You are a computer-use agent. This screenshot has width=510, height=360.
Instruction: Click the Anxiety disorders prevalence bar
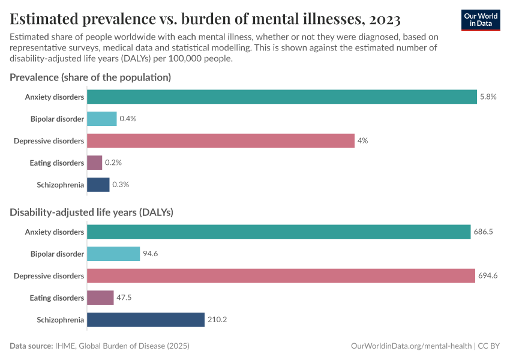pos(282,97)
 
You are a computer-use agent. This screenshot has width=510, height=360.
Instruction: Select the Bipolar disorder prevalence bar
pos(102,119)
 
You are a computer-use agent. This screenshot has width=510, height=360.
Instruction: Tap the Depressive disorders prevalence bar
pos(221,140)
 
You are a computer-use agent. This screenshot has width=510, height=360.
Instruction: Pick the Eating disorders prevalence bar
pos(95,163)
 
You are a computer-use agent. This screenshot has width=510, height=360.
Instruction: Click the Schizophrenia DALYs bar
pos(146,320)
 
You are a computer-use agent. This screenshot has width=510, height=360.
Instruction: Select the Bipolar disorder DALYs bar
pos(113,254)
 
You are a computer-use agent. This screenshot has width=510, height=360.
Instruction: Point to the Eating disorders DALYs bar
pos(100,298)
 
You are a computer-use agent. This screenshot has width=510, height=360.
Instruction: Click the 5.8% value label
pos(488,97)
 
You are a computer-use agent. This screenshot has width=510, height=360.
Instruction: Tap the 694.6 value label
pos(488,276)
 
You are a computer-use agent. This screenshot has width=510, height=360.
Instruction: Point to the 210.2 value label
pos(217,320)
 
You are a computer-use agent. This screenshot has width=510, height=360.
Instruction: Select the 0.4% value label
pos(128,119)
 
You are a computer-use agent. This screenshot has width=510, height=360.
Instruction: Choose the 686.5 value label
pos(483,232)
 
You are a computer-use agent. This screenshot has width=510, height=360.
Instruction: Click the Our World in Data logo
pos(481,19)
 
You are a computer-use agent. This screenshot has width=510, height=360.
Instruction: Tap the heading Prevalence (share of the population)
pos(91,77)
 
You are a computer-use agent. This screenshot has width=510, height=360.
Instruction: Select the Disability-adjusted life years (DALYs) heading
pos(92,212)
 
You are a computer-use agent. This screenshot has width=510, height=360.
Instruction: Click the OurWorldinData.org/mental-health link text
pos(411,346)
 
